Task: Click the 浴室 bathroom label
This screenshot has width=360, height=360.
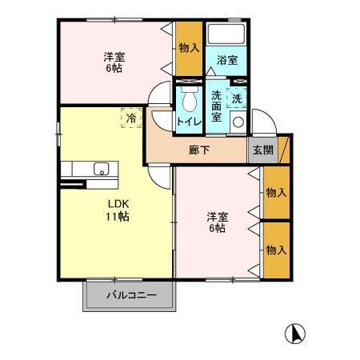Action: click(226, 60)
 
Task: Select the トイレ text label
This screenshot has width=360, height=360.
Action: click(189, 122)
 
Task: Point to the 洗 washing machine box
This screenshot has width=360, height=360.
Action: click(237, 98)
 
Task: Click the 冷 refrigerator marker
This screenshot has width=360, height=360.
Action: click(130, 118)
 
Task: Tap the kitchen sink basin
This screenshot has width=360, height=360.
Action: click(102, 169)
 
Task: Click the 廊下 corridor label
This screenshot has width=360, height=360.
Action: click(199, 149)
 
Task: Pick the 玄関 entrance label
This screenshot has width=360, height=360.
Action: click(262, 149)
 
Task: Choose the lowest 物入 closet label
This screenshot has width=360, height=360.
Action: click(276, 250)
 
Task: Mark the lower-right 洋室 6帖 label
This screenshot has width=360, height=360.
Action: click(216, 222)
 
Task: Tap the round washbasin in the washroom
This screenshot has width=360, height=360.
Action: click(238, 122)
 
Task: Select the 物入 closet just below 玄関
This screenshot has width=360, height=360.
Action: click(276, 192)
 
